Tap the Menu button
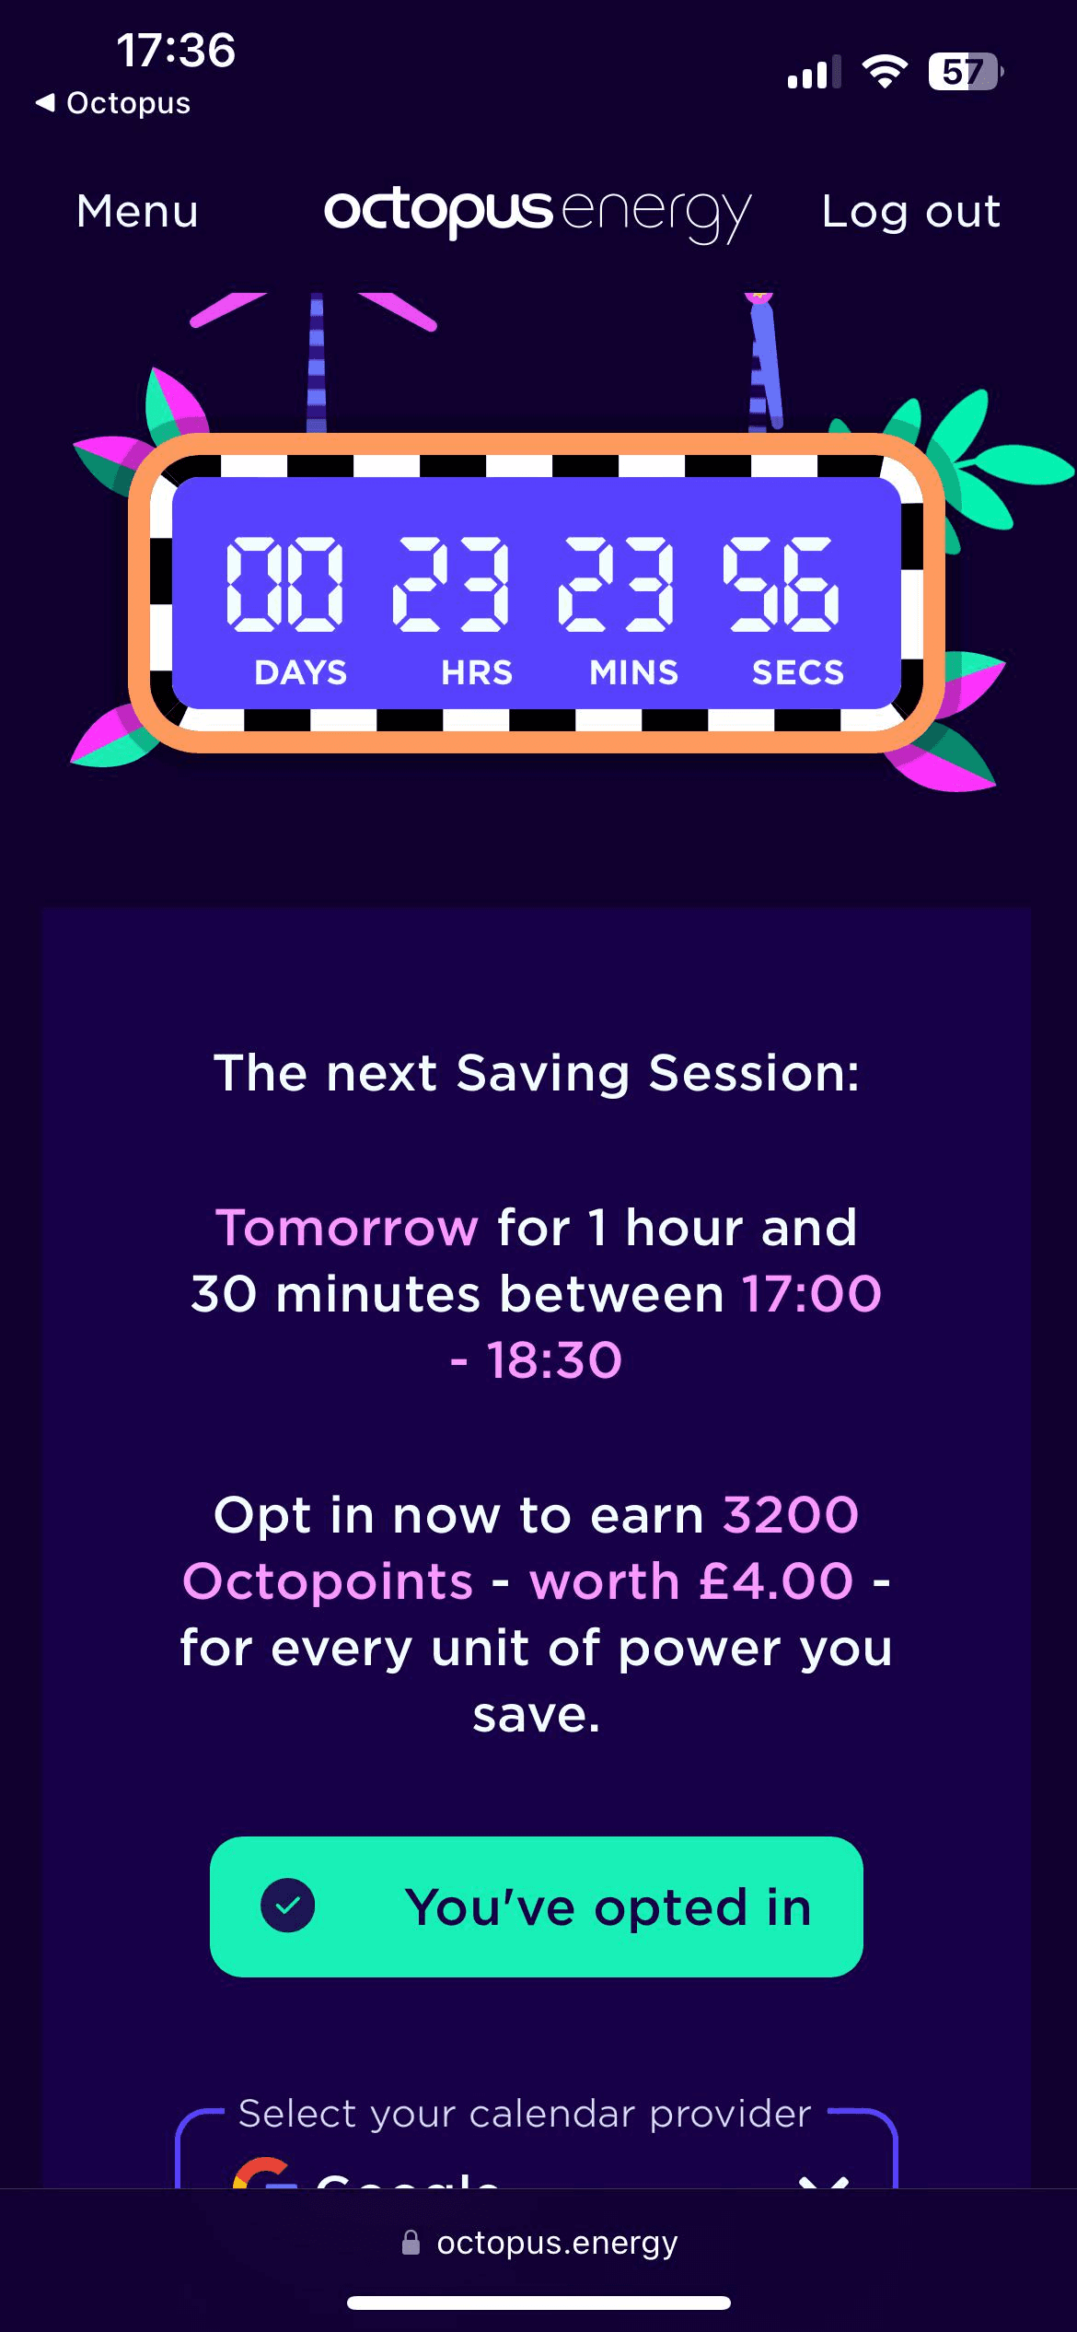[137, 212]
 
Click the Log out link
[910, 212]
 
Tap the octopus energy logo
[538, 212]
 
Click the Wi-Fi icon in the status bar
[884, 71]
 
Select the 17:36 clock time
[176, 50]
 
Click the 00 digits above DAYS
[285, 584]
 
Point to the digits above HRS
[451, 584]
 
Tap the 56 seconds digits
[782, 584]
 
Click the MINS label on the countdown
[633, 673]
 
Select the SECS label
[797, 673]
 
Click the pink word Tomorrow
[346, 1228]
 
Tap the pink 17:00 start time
[812, 1294]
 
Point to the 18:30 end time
[554, 1360]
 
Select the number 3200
[791, 1515]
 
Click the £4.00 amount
[776, 1581]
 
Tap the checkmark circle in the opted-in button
[288, 1906]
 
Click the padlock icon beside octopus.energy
[411, 2243]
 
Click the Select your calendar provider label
[525, 2114]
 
